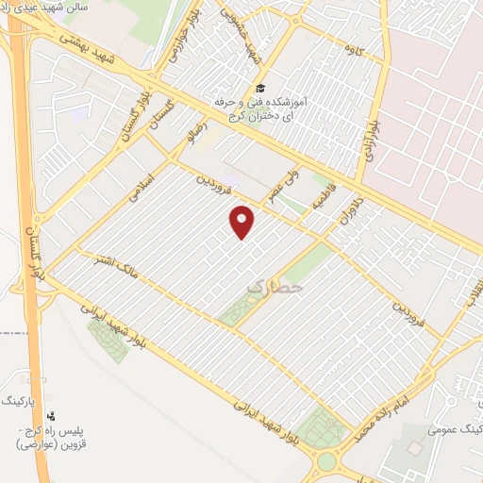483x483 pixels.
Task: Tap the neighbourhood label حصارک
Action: [x=275, y=284]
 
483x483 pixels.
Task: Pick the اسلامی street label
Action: [x=144, y=184]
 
